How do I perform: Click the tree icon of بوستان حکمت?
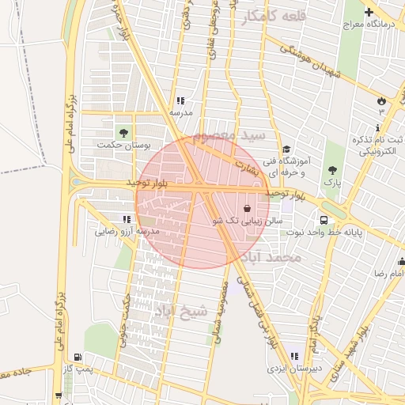coord(123,131)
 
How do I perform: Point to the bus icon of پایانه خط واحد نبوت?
coord(324,220)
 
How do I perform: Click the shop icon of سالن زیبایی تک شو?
coord(248,209)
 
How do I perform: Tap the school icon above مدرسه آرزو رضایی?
coord(127,219)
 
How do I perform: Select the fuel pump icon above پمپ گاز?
coord(76,358)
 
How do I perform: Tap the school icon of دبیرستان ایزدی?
coord(296,357)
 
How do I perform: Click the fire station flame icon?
coord(381,100)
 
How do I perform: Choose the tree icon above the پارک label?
coord(331,169)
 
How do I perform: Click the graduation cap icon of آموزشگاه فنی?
coord(286,149)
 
